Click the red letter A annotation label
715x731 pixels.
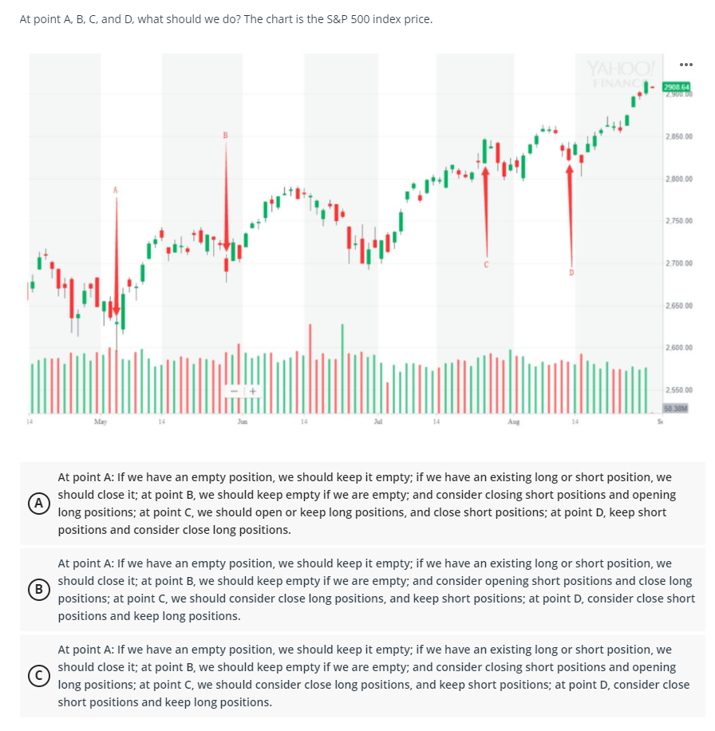tap(115, 190)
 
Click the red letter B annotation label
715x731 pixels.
tap(226, 135)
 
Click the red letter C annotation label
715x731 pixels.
tap(485, 263)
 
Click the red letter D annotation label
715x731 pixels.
tap(571, 273)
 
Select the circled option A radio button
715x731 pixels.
tap(36, 504)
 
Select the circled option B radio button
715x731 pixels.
tap(36, 590)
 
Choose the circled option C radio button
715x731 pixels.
tap(36, 676)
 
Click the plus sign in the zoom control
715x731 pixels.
tap(251, 392)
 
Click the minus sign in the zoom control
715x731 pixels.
tap(235, 392)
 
